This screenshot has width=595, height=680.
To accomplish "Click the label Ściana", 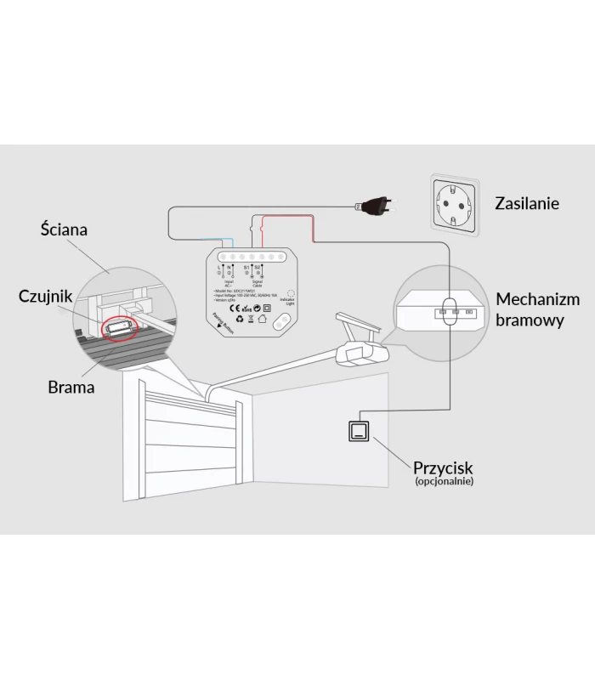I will [64, 229].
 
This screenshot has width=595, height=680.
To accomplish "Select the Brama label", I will [71, 387].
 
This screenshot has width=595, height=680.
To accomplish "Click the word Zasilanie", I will [527, 203].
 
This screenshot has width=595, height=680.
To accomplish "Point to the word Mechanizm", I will [538, 299].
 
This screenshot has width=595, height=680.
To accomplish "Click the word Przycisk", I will [443, 467].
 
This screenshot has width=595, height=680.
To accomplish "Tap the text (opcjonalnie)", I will [445, 482].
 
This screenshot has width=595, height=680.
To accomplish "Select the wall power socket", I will [455, 203].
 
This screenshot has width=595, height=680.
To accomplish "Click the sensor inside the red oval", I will [118, 326].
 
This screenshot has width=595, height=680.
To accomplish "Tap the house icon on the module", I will [262, 320].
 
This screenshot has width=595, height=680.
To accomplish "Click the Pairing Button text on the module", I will [223, 323].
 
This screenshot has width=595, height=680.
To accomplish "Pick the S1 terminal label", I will [246, 267].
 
